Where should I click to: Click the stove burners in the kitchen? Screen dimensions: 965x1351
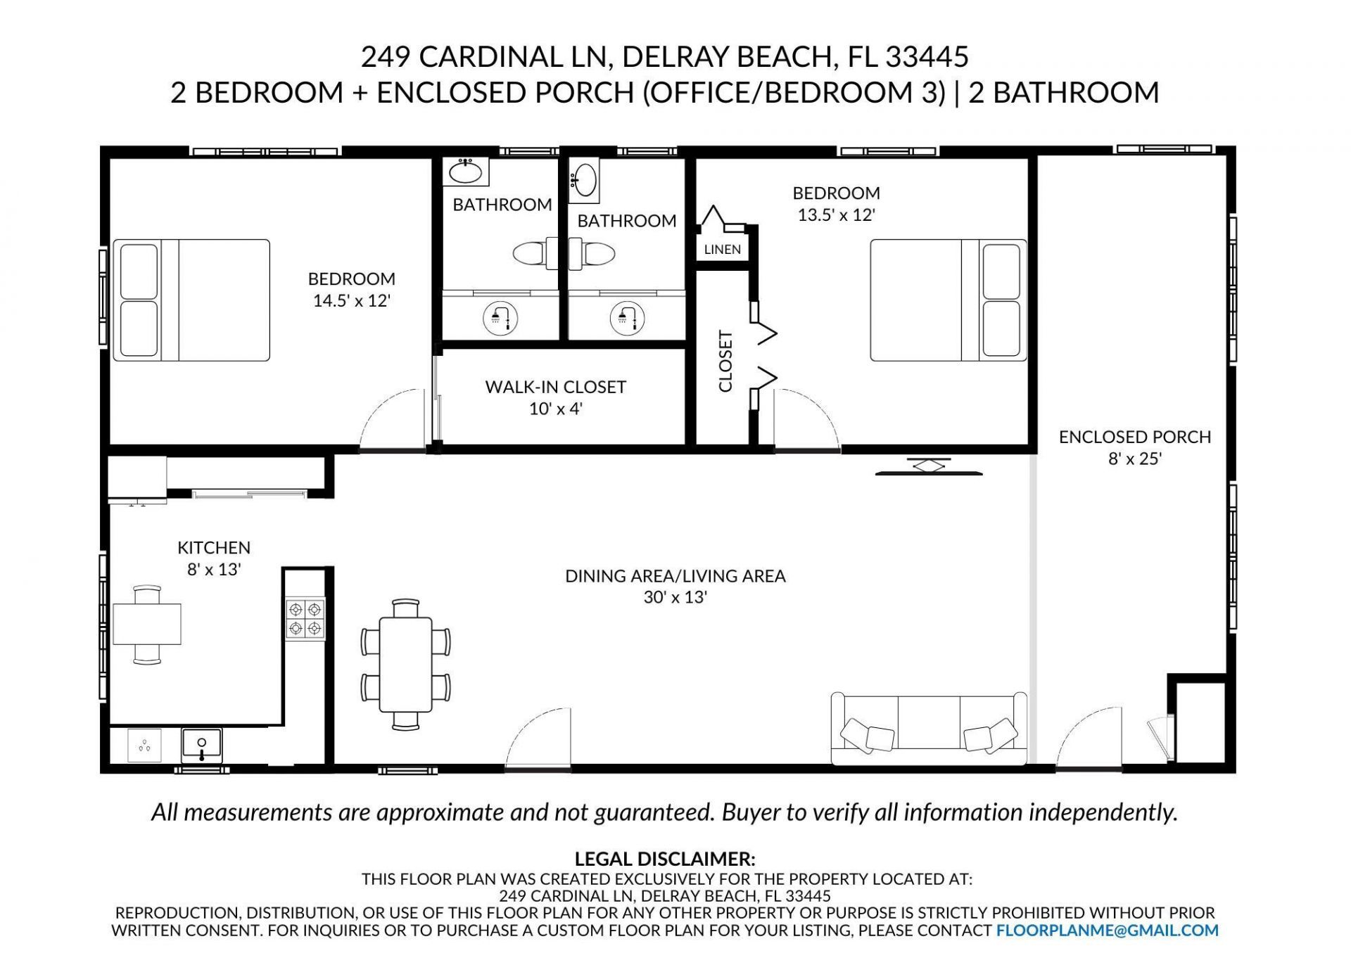[x=305, y=618]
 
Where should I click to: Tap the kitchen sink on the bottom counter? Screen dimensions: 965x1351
[x=201, y=746]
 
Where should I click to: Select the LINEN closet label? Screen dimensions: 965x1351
[x=722, y=249]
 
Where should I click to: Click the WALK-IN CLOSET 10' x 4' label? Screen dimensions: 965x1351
[x=555, y=397]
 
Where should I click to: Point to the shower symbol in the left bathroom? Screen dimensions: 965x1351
[x=500, y=318]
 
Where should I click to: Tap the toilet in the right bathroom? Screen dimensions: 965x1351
[x=592, y=253]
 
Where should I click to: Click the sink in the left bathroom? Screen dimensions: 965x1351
[x=465, y=171]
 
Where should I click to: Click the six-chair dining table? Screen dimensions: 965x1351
[x=406, y=664]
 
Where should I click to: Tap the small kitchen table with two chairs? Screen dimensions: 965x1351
[x=147, y=624]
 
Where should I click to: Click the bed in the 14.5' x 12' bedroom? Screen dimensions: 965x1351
[x=191, y=300]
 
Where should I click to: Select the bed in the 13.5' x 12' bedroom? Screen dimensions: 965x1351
[x=948, y=300]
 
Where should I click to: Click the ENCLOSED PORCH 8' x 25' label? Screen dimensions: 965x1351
[x=1134, y=447]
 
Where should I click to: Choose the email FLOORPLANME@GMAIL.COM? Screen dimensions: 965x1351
[x=1107, y=931]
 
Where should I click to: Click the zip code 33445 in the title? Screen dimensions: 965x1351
[x=927, y=56]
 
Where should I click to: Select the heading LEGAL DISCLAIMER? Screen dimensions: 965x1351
[x=664, y=859]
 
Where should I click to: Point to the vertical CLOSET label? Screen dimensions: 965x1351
[x=725, y=361]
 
